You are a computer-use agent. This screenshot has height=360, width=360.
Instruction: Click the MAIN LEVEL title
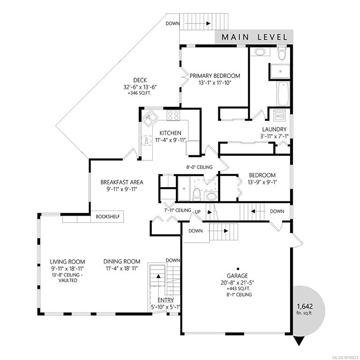tap(255, 37)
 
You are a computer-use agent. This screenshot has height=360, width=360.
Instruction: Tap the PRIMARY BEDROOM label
tap(215, 76)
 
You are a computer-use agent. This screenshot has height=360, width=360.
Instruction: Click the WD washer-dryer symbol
tap(279, 116)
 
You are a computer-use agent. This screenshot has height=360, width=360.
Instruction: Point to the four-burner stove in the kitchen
tap(173, 115)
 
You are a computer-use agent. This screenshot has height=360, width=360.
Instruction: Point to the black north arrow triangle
tap(299, 341)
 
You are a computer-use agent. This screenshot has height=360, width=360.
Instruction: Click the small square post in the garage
tap(238, 269)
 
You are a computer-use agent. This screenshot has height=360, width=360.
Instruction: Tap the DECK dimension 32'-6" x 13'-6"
tap(140, 87)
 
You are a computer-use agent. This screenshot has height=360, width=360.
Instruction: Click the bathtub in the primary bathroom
tap(283, 94)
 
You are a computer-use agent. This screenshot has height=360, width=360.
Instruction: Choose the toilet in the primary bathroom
tap(281, 53)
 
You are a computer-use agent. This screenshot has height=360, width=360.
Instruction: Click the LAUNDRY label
tap(274, 129)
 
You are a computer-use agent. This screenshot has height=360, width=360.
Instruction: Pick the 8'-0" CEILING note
tap(199, 167)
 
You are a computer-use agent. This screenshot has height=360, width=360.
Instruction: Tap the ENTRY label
tap(165, 300)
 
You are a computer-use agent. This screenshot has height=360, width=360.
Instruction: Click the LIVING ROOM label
tap(67, 262)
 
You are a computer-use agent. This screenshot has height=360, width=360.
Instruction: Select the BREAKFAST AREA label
tap(122, 182)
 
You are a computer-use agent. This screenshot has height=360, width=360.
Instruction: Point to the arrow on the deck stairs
tap(197, 23)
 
